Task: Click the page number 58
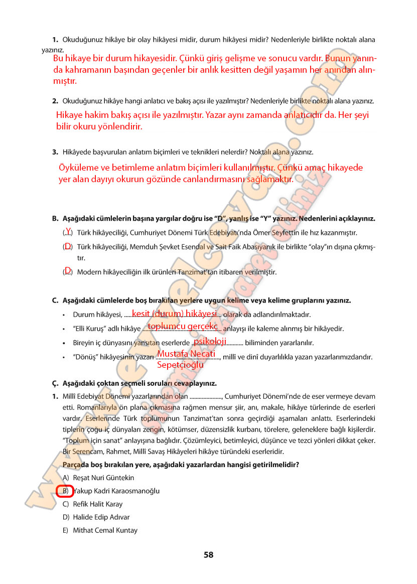coord(208,555)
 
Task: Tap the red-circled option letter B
coord(65,491)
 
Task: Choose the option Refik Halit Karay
coord(97,504)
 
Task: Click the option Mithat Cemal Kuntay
coord(105,530)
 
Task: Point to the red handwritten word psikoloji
coord(210,341)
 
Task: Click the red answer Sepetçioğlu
coord(180,365)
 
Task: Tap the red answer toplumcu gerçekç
coord(183,327)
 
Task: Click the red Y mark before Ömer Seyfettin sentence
coord(68,231)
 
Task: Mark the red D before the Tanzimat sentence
coord(67,270)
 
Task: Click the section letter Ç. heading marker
coord(55,383)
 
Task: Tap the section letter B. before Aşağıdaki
coord(55,219)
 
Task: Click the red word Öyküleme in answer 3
coord(80,168)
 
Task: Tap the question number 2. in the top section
coord(55,101)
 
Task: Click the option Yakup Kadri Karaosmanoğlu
coord(116,491)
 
